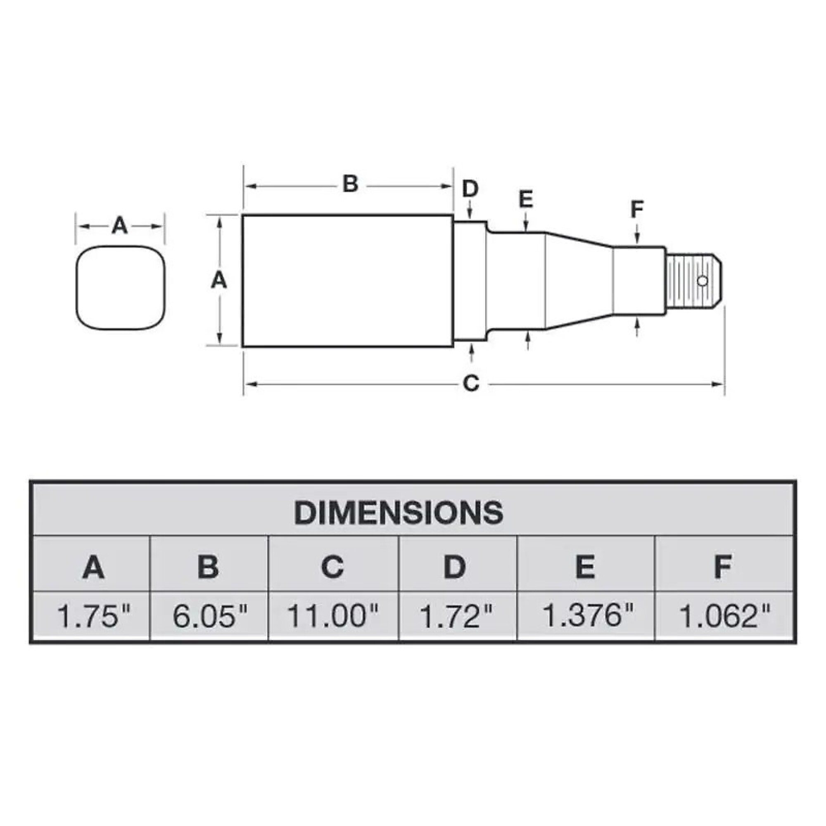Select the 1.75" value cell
pyautogui.click(x=94, y=616)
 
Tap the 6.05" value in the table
pyautogui.click(x=210, y=616)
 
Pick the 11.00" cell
pyautogui.click(x=332, y=616)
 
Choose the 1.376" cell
pyautogui.click(x=587, y=615)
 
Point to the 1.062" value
pyautogui.click(x=725, y=616)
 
